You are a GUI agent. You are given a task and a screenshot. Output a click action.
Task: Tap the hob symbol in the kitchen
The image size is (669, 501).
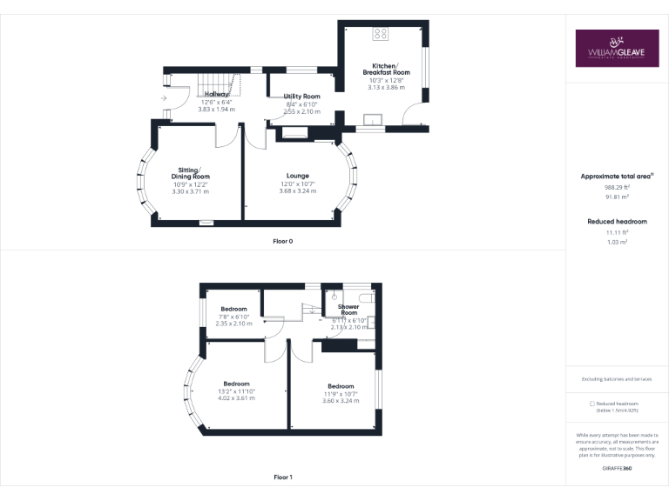[381, 35]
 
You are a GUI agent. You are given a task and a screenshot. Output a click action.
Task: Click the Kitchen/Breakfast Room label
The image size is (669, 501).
[385, 69]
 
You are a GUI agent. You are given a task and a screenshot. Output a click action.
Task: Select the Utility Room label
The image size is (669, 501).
[302, 97]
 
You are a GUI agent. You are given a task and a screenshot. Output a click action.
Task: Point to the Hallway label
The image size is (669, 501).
[217, 94]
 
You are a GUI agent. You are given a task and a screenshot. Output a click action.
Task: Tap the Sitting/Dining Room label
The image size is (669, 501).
[190, 173]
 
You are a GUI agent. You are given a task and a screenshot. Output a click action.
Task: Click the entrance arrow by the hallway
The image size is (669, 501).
[165, 98]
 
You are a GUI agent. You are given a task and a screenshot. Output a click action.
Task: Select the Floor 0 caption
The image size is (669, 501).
[283, 241]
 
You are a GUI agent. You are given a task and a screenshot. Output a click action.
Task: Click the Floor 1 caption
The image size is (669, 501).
[283, 477]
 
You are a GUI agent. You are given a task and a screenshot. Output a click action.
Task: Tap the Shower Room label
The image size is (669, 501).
[348, 310]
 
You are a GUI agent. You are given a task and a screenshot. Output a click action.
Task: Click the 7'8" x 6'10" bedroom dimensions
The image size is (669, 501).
[233, 317]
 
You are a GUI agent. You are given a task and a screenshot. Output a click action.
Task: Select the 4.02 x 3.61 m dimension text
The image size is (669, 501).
[236, 397]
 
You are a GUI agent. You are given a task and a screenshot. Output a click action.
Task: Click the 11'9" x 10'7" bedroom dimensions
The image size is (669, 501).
[341, 394]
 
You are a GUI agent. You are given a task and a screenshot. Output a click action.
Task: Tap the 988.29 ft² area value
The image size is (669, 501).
[617, 187]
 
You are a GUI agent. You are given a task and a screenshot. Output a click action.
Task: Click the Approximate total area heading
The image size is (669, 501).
[617, 177]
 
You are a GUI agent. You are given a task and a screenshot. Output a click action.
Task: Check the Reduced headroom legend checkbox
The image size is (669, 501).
[592, 404]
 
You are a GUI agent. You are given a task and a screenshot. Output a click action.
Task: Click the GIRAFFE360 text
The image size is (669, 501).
[617, 469]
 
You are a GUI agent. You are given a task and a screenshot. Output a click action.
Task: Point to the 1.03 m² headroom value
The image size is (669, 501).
[617, 242]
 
